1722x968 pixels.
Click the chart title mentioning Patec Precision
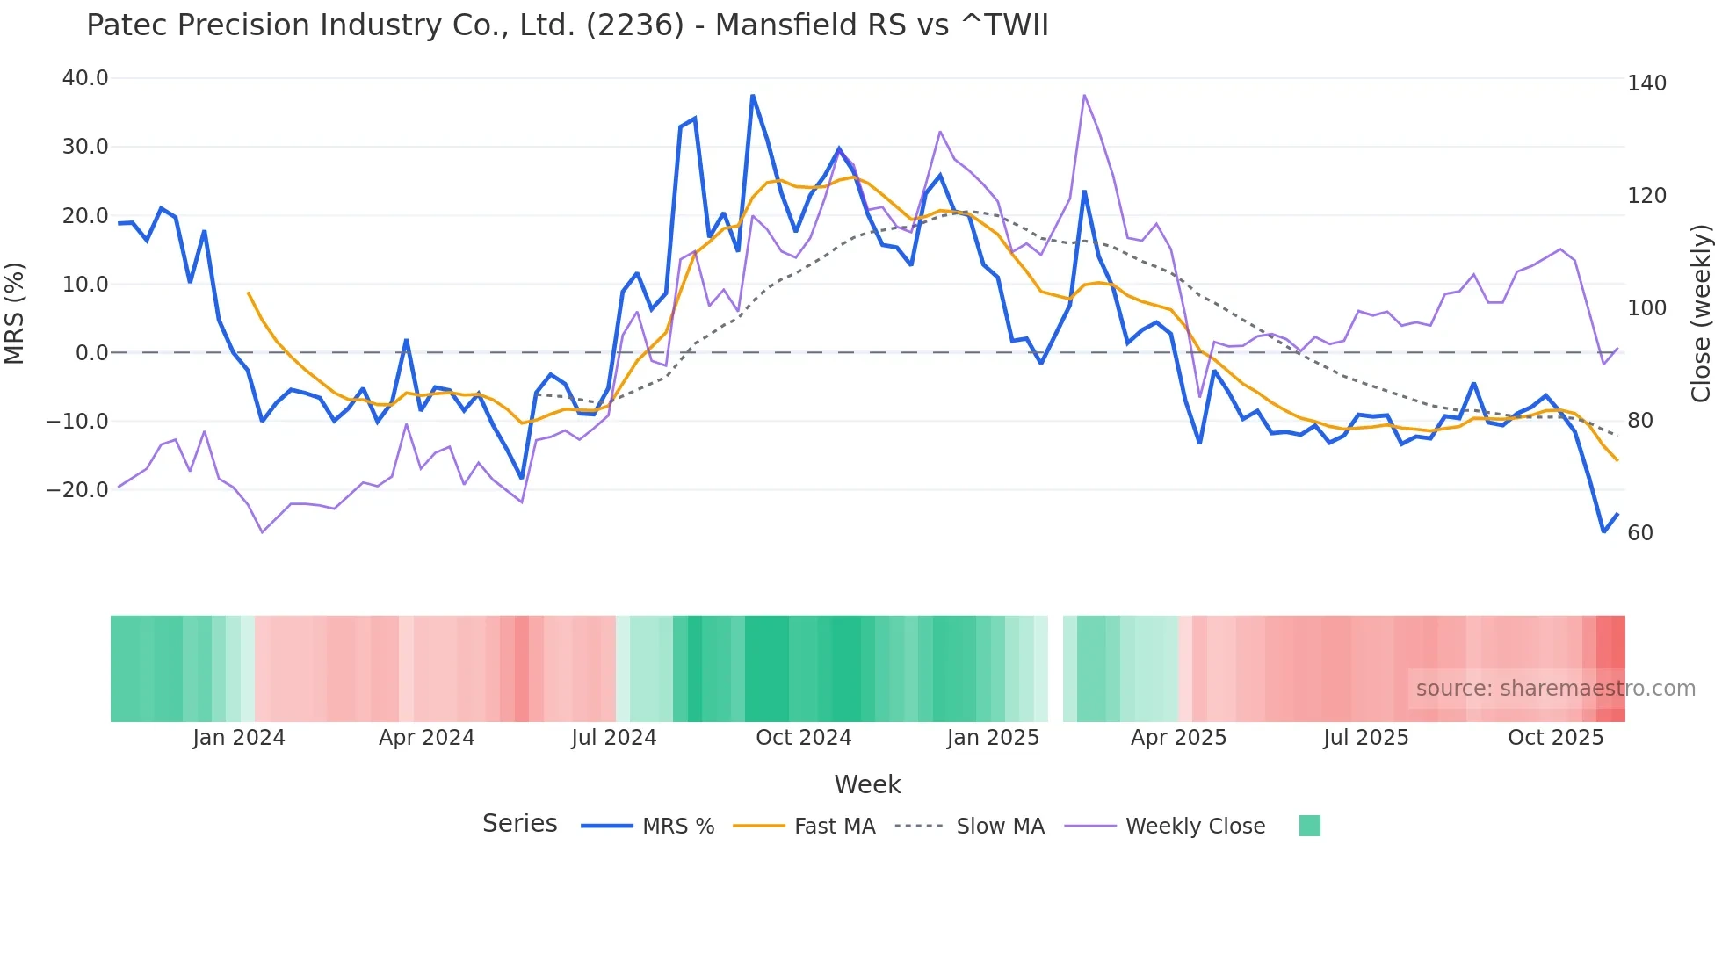pyautogui.click(x=568, y=25)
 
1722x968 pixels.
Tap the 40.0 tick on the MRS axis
pyautogui.click(x=85, y=78)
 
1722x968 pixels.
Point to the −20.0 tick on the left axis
pyautogui.click(x=77, y=490)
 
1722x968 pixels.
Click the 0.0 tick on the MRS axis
pyautogui.click(x=91, y=353)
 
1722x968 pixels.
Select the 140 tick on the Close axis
pyautogui.click(x=1646, y=83)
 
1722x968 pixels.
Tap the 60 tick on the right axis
pyautogui.click(x=1640, y=533)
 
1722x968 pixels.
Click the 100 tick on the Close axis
pyautogui.click(x=1646, y=308)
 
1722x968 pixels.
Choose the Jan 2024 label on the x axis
pyautogui.click(x=239, y=738)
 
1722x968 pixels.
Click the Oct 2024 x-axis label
pyautogui.click(x=804, y=738)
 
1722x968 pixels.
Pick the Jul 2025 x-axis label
pyautogui.click(x=1366, y=738)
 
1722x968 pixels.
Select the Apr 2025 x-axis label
pyautogui.click(x=1178, y=738)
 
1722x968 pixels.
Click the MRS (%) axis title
pyautogui.click(x=15, y=314)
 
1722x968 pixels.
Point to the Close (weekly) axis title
pyautogui.click(x=1702, y=314)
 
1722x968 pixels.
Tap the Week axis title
pyautogui.click(x=867, y=784)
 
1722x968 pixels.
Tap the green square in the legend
pyautogui.click(x=1310, y=827)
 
